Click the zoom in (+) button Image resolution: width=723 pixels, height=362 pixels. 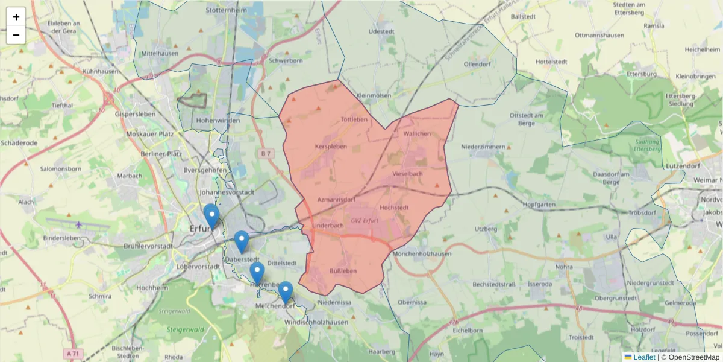coord(16,17)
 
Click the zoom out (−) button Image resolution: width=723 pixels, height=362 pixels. coord(16,35)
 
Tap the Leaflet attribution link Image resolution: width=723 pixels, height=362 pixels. coord(644,357)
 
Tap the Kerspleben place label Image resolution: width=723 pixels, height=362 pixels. coord(331,147)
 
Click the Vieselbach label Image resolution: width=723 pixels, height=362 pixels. coord(407,174)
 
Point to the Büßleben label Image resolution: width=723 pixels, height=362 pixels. coord(343,271)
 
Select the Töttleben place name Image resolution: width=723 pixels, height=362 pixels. coord(354,119)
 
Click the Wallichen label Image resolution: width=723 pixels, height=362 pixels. coord(417,133)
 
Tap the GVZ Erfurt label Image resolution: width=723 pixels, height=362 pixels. coord(365,220)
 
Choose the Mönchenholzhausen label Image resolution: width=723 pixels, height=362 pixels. coord(422,254)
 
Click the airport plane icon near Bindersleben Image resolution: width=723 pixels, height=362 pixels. coord(79,225)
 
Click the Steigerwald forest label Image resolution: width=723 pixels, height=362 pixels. coord(184,330)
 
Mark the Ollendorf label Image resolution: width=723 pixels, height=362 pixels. coord(478,64)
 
